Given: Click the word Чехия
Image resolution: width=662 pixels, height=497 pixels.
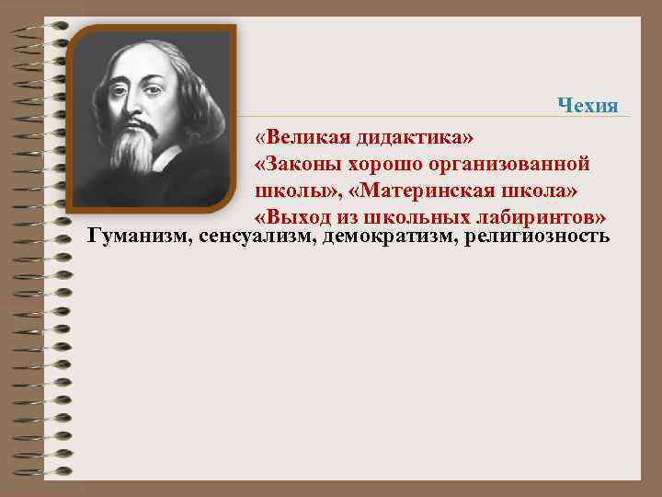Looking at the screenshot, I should [x=588, y=105].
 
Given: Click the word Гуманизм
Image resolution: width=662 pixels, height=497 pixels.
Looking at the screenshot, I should [x=136, y=237].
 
